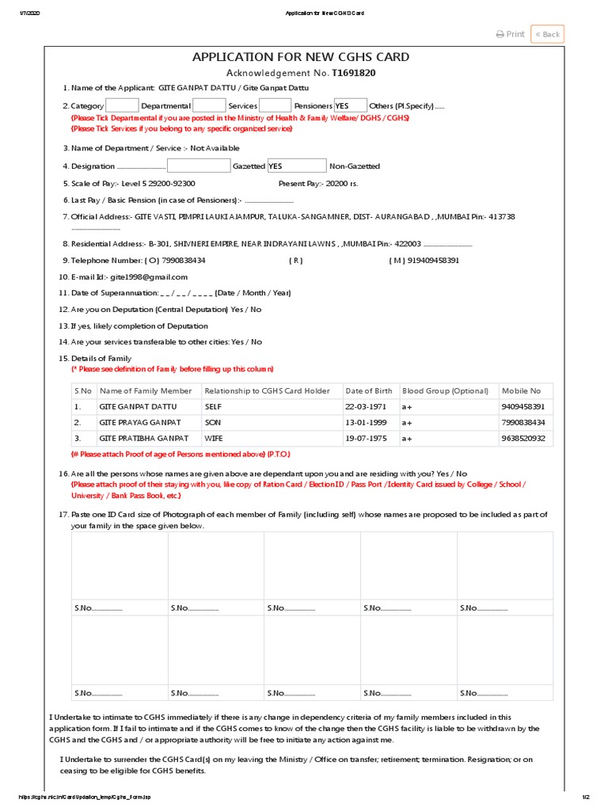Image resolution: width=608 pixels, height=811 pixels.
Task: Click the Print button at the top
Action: tap(511, 34)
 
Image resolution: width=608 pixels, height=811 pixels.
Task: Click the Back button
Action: tap(547, 34)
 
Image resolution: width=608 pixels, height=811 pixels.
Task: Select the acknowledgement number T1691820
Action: tap(354, 73)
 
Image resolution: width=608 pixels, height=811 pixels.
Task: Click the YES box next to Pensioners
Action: tap(350, 105)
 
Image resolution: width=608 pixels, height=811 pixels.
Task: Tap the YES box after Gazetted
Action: tap(296, 166)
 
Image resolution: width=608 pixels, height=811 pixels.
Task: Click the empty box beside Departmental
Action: tap(209, 105)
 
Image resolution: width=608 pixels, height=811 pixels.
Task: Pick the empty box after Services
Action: tap(275, 105)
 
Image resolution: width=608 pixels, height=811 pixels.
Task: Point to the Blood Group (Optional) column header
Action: tap(446, 390)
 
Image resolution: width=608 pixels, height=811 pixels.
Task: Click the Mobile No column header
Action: tap(521, 390)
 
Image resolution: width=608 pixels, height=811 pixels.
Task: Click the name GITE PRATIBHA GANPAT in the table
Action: tap(143, 438)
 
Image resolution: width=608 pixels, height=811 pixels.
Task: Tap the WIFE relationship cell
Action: tap(214, 438)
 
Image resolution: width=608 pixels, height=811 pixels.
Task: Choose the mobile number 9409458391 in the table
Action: tap(522, 406)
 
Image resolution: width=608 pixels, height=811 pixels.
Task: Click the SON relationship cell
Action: tap(212, 422)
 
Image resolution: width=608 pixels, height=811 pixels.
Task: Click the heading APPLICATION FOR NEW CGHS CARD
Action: tap(301, 57)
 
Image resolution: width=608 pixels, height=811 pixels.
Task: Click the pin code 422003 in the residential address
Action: tap(408, 244)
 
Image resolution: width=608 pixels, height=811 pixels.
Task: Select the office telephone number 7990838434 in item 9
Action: tap(183, 260)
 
